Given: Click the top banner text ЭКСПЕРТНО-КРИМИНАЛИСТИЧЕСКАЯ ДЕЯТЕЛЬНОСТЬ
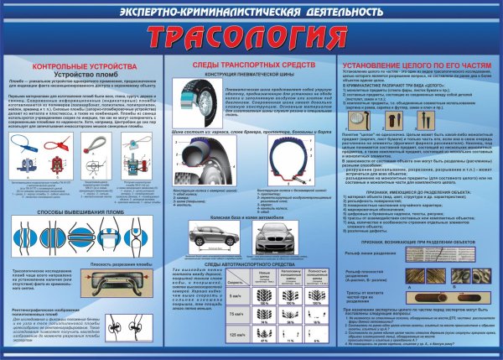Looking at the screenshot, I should [x=251, y=12].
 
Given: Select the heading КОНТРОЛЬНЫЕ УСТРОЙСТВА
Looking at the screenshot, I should [x=80, y=65].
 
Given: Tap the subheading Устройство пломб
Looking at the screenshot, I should [x=80, y=74].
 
